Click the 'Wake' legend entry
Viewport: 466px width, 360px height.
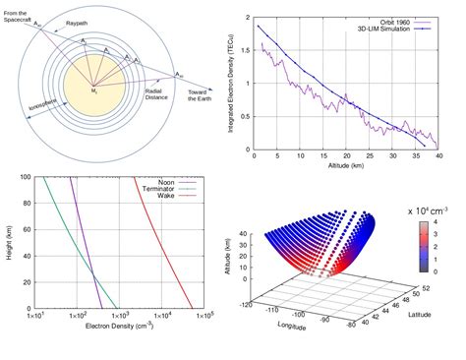[160, 197]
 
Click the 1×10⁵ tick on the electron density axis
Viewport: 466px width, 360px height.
[204, 316]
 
